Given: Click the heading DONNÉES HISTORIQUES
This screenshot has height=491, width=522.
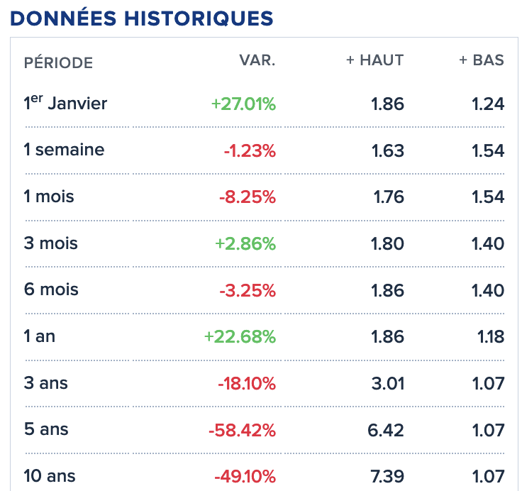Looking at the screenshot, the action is pos(141,18).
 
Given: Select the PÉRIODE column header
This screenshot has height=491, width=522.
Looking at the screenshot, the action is pos(58,62).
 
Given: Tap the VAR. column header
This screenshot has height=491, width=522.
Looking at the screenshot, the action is pos(257,60).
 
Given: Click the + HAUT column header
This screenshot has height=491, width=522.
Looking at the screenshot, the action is pos(375,60).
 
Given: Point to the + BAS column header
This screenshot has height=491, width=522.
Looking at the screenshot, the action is pos(482,60).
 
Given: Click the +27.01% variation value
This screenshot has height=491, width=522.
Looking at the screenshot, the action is pos(243,104).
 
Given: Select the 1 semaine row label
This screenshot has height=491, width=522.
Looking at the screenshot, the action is pos(64,150).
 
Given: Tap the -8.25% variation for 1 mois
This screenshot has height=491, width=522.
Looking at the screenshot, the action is pos(248,197).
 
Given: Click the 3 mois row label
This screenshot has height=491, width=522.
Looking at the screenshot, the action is pos(50,243).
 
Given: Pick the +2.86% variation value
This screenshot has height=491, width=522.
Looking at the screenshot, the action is pos(245,243).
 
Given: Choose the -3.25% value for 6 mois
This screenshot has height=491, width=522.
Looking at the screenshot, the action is pos(248,290).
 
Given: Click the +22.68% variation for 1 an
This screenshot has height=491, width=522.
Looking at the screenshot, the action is pos(240,336).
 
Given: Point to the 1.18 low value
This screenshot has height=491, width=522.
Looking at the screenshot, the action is pos(491,337).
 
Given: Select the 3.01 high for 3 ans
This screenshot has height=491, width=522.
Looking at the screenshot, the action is pos(388,383).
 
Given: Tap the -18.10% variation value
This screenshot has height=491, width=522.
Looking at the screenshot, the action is pos(247,383).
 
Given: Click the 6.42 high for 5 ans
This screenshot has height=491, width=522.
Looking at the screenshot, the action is pos(386,430).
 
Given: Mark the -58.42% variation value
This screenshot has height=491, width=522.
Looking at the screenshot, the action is pos(242,430).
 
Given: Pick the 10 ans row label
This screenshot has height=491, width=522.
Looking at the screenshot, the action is pos(50,475).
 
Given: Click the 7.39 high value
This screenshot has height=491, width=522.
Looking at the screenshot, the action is pos(387,476).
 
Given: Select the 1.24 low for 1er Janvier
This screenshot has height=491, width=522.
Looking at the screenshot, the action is pos(488,104).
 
